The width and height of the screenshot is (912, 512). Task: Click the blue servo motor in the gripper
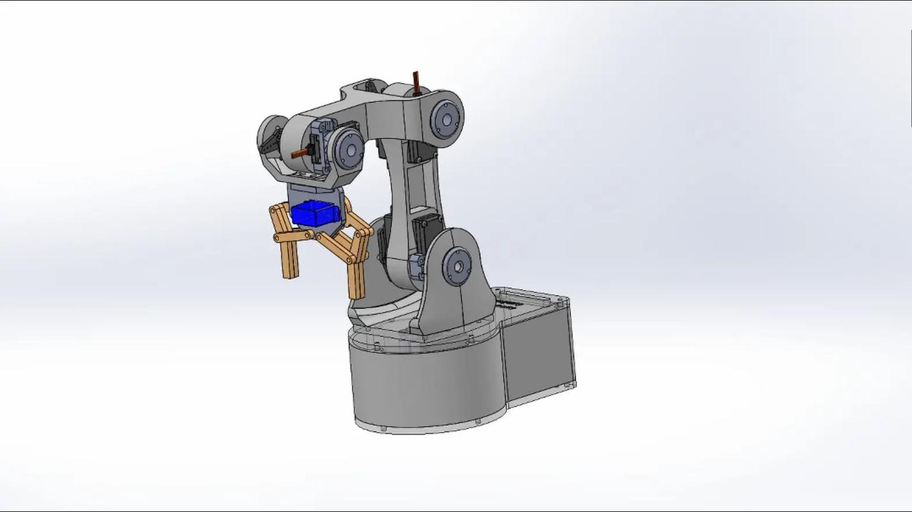tap(314, 213)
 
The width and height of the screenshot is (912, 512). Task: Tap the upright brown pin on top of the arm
tap(416, 83)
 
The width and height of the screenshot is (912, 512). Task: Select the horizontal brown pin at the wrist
tap(299, 153)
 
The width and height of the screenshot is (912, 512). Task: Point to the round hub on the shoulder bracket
tap(457, 266)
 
